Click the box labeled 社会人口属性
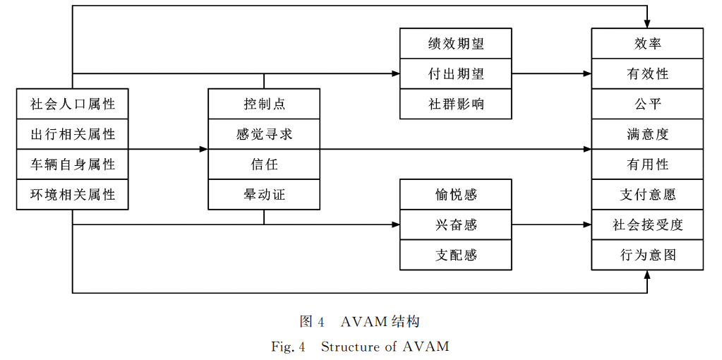(73, 104)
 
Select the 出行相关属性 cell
(73, 134)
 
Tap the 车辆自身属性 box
(73, 164)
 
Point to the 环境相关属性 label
(73, 194)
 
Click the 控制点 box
(264, 104)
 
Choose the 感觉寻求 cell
(264, 134)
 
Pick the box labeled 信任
(264, 164)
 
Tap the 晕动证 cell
(264, 194)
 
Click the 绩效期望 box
(456, 44)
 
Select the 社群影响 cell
(456, 104)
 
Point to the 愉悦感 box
(456, 195)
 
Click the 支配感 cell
(456, 255)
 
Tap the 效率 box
(647, 44)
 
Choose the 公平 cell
(647, 104)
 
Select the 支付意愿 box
(647, 195)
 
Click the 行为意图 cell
(647, 255)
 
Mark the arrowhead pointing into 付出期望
(396, 73)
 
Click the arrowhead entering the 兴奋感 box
(396, 225)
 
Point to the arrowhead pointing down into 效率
(647, 24)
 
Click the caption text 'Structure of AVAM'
(385, 347)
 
